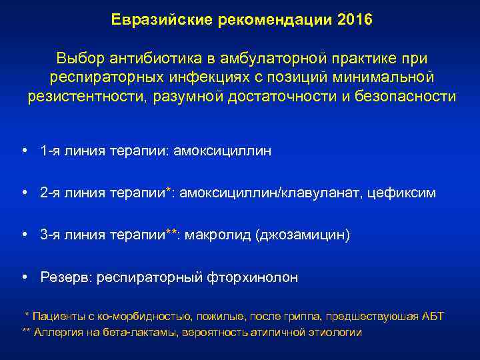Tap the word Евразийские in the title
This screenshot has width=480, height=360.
point(158,19)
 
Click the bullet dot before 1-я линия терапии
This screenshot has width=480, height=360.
point(24,151)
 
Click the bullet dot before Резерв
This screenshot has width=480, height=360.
point(24,277)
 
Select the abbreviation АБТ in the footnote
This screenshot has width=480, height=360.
point(433,316)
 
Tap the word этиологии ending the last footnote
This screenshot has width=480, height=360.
point(335,331)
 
